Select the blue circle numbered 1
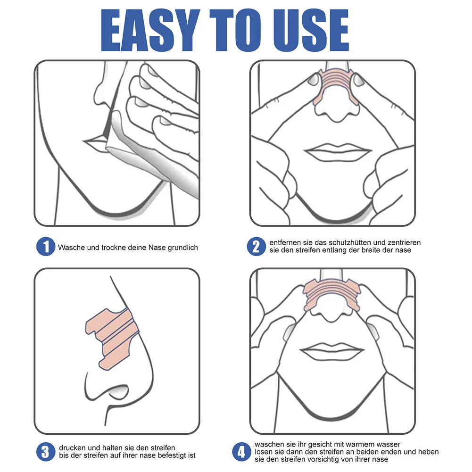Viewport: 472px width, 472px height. pos(45,247)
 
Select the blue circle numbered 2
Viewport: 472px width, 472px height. pos(256,246)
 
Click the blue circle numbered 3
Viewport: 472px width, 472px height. pos(45,451)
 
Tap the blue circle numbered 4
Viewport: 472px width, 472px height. pos(241,452)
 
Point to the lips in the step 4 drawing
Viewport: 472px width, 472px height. pos(332,351)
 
